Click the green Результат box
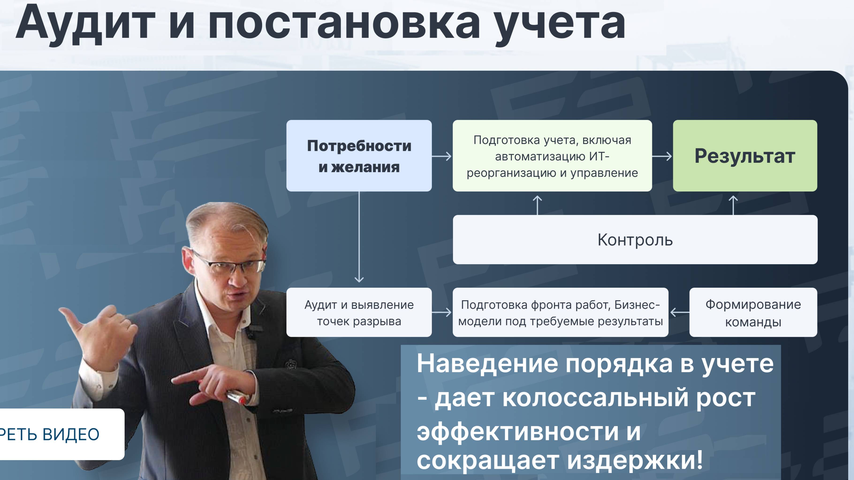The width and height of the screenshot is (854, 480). (745, 156)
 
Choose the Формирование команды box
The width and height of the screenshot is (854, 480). (753, 312)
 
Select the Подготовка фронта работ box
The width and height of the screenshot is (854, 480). (560, 312)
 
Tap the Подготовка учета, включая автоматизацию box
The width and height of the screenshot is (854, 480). (552, 156)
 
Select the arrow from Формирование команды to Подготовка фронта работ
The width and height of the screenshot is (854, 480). (679, 312)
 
